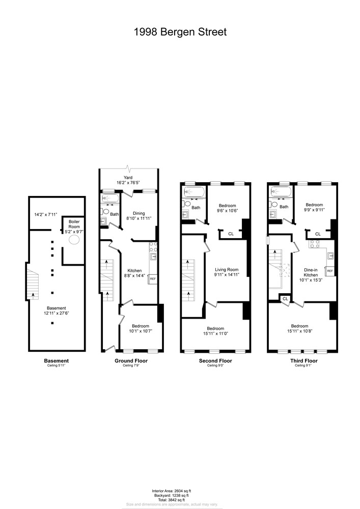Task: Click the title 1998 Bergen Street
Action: [180, 32]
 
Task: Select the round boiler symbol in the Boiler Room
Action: [74, 240]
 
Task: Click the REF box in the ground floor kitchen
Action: [152, 278]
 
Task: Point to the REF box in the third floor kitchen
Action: [330, 271]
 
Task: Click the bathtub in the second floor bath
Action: [193, 192]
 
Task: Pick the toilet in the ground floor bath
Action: [105, 211]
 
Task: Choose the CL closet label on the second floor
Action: [231, 234]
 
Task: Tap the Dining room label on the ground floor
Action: [139, 213]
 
